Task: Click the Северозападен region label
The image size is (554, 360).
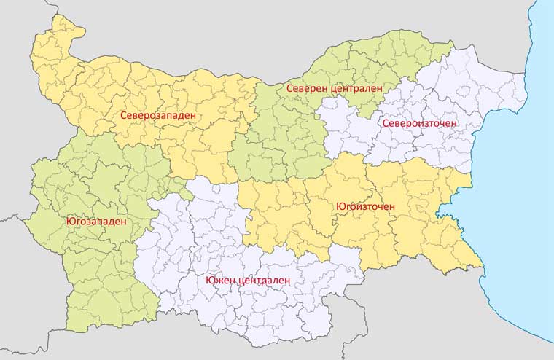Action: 158,115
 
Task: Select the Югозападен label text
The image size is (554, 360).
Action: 96,221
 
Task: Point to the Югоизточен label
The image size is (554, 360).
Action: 365,206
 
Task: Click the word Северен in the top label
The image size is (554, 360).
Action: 307,87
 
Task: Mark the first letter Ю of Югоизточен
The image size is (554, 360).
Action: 340,206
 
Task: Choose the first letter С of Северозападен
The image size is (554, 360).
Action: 123,115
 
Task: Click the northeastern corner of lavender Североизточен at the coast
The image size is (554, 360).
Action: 523,73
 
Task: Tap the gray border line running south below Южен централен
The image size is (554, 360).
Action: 365,321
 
